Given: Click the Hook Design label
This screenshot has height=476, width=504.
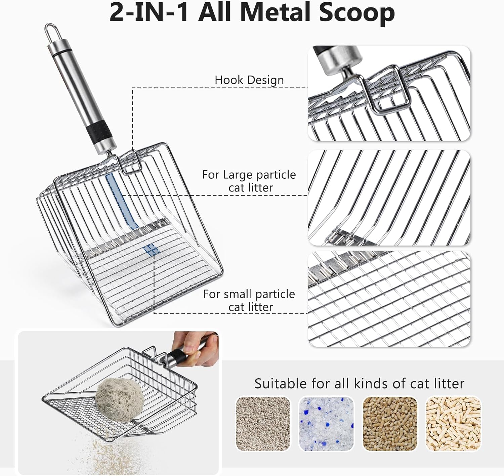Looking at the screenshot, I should [x=249, y=80].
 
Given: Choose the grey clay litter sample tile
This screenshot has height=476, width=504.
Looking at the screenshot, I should [x=263, y=424].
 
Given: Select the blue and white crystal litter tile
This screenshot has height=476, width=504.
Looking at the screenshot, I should [x=326, y=424].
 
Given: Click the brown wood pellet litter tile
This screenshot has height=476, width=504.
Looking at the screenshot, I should [x=390, y=424].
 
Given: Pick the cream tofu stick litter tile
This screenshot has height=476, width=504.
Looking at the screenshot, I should [x=453, y=424].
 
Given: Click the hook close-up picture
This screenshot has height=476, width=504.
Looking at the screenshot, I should [x=389, y=93].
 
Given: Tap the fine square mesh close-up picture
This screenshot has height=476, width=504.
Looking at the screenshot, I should [x=389, y=299].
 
